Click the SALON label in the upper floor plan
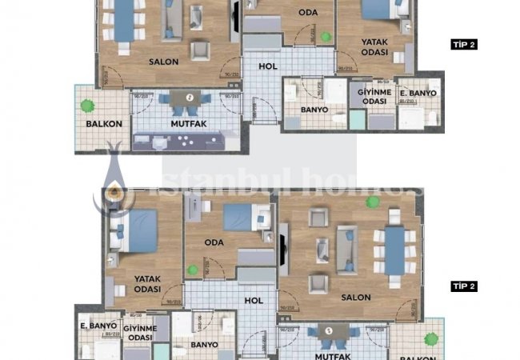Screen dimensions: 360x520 (163, 61)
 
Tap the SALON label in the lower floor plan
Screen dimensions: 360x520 (356, 297)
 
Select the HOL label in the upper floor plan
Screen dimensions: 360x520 (269, 66)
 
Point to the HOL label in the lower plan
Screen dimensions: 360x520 (254, 301)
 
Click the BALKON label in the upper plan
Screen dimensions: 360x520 (103, 124)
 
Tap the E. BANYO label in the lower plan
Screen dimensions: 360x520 (94, 326)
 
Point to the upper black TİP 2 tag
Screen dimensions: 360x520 (464, 45)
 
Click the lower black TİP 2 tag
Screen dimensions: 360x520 (464, 286)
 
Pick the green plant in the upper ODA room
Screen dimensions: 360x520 (325, 37)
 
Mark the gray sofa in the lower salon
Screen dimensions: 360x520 (348, 249)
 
